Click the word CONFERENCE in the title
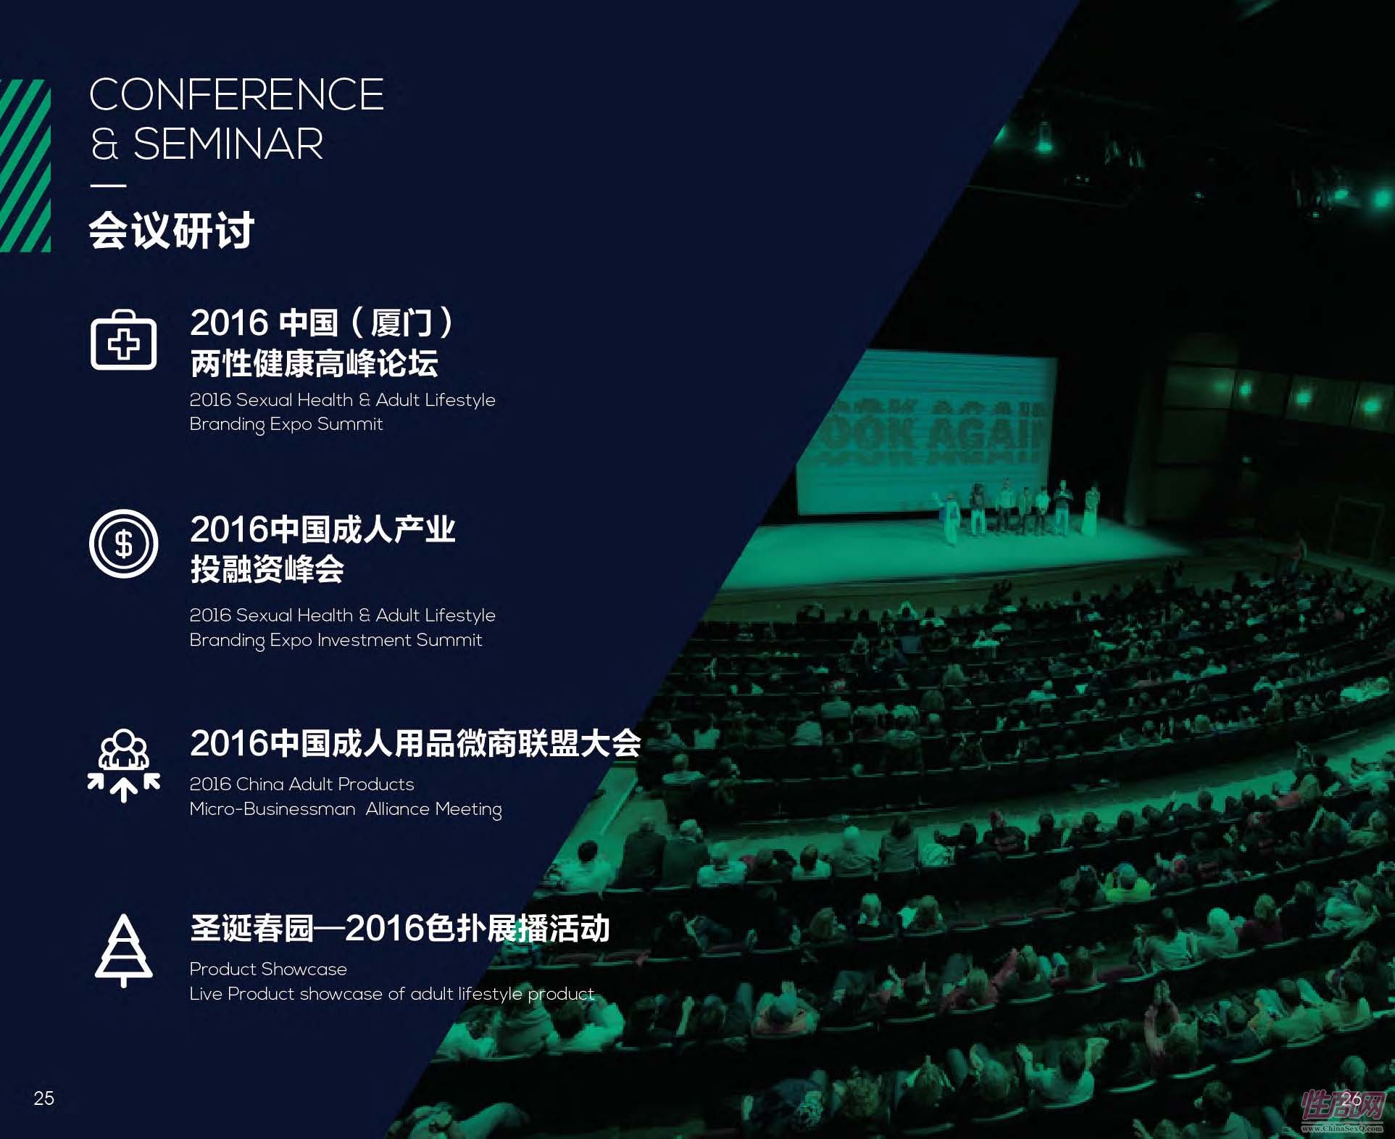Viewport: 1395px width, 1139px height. [x=236, y=95]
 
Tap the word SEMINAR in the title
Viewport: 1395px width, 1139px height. [x=228, y=144]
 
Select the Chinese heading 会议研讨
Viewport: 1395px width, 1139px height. [x=172, y=231]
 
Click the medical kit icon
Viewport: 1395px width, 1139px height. [x=123, y=340]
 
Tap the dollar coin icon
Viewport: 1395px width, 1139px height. [x=123, y=544]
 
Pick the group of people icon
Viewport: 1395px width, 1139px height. [x=123, y=766]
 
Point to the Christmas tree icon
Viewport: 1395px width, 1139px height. [x=123, y=950]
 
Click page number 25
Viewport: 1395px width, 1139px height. [x=44, y=1098]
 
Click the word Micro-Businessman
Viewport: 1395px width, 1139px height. [x=272, y=808]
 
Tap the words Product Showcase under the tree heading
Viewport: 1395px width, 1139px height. [x=268, y=969]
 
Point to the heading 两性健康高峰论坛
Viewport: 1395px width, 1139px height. [x=314, y=363]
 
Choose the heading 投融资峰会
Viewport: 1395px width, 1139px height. [x=267, y=569]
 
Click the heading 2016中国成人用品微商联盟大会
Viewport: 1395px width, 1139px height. [x=415, y=743]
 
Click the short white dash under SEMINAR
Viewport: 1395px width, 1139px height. [x=108, y=186]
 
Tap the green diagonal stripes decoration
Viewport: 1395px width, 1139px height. [x=25, y=165]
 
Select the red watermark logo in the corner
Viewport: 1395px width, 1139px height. [x=1343, y=1109]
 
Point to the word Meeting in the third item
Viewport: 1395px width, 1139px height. [x=468, y=809]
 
